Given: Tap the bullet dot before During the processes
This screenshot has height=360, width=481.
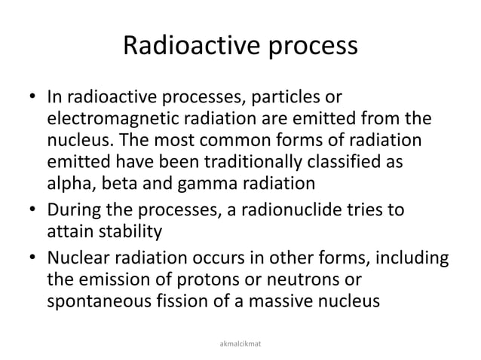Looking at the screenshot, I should point(30,206).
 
